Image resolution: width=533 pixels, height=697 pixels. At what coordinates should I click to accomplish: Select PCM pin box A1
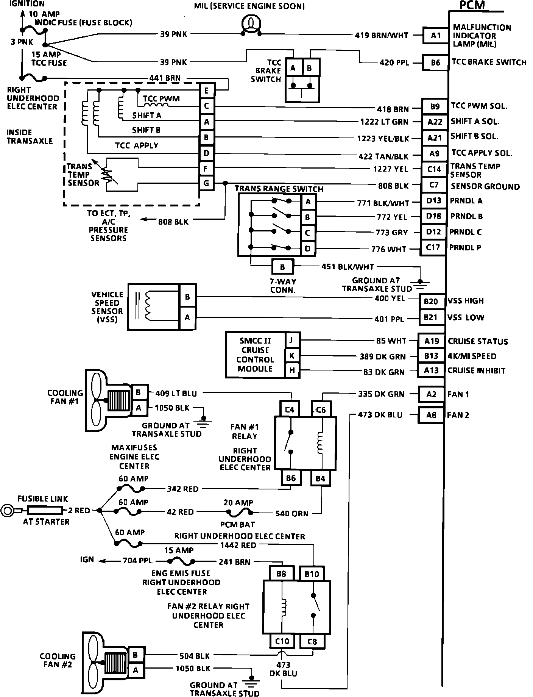coord(436,36)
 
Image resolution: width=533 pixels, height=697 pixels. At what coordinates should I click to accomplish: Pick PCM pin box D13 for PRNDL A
coord(434,201)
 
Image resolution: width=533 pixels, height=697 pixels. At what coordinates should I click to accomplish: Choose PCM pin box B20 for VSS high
coord(431,301)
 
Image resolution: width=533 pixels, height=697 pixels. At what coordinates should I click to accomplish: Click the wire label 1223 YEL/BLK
coord(383,139)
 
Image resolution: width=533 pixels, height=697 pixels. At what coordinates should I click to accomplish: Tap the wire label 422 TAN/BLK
coord(384,156)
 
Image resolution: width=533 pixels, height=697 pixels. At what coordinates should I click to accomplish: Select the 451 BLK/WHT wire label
coord(348,267)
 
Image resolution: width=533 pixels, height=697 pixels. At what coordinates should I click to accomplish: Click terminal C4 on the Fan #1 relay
coord(290,409)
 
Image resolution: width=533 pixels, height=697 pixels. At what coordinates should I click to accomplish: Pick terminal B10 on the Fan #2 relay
coord(312,574)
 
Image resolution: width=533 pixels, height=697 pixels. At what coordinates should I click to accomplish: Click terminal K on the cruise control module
coord(292,356)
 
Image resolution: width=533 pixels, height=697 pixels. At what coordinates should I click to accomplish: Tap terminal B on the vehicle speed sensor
coord(187,297)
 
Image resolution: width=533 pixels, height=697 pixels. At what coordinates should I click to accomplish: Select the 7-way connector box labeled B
coord(282,267)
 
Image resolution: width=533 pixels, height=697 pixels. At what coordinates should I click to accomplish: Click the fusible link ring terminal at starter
coord(8,511)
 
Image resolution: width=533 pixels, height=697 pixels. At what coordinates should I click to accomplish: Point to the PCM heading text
coord(472,5)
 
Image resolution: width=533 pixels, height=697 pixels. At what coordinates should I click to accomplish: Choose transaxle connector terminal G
coord(206,183)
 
